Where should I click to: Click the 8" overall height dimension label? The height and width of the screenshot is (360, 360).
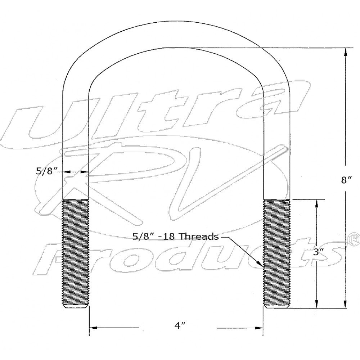coord(346,180)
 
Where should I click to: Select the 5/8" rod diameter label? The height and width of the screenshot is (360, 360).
coord(47,171)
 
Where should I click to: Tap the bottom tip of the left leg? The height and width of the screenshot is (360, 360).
coord(76,307)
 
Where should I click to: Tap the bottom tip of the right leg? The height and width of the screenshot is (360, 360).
coord(276,307)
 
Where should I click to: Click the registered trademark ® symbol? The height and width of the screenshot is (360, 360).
coord(355,239)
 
